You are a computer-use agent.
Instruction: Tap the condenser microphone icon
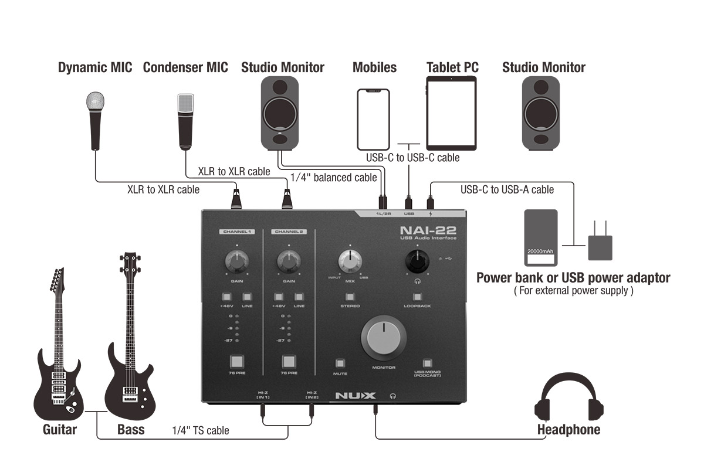pyautogui.click(x=185, y=120)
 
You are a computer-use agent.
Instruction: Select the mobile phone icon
pyautogui.click(x=374, y=119)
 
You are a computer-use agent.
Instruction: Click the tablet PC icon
pyautogui.click(x=452, y=114)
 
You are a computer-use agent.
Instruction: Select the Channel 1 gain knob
pyautogui.click(x=236, y=259)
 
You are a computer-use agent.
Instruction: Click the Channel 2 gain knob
pyautogui.click(x=288, y=259)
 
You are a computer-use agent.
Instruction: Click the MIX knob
pyautogui.click(x=350, y=260)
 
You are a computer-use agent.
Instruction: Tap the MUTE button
pyautogui.click(x=340, y=362)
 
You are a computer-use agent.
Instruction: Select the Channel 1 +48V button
pyautogui.click(x=227, y=297)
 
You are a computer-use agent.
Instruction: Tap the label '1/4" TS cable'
pyautogui.click(x=200, y=431)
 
